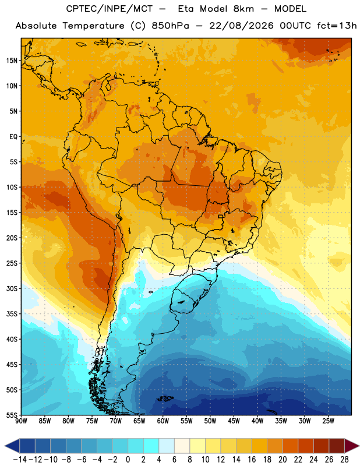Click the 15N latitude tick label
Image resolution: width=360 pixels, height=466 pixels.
point(12,61)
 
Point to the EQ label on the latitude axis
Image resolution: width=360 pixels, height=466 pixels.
point(13,137)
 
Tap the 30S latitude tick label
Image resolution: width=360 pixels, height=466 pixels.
point(12,288)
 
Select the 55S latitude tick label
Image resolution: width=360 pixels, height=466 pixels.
point(12,415)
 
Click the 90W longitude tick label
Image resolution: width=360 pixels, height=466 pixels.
point(21,421)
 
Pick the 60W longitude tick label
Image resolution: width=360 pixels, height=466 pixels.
point(163,421)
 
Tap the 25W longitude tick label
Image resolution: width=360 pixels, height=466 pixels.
point(328,421)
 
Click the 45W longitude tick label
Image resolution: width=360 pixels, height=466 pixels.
point(234,421)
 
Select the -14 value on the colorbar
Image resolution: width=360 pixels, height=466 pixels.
point(20,460)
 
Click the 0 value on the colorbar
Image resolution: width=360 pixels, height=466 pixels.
point(128,460)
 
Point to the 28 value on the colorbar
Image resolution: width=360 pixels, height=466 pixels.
point(344,460)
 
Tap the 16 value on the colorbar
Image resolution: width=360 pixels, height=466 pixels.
point(252,460)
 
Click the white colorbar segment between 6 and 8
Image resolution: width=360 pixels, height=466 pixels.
point(182,446)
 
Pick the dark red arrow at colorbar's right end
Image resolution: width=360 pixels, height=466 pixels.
point(352,446)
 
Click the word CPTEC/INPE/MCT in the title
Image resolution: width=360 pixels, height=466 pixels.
point(109,9)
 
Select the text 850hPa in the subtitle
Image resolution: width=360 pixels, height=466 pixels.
point(170,26)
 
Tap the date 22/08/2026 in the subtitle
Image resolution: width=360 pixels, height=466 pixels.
point(241,26)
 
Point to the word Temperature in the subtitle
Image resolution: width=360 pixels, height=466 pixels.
point(93,26)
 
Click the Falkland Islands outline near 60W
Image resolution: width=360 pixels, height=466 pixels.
point(165,398)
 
